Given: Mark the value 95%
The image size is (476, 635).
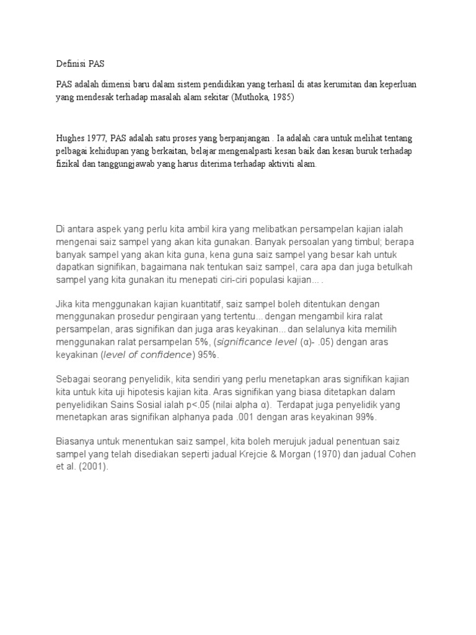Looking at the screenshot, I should [209, 354].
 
